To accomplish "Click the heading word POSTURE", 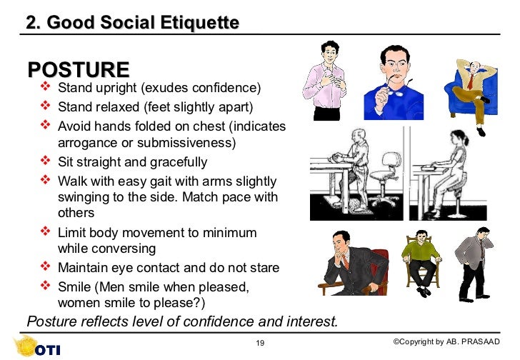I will [78, 70].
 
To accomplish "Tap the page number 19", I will [260, 344].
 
